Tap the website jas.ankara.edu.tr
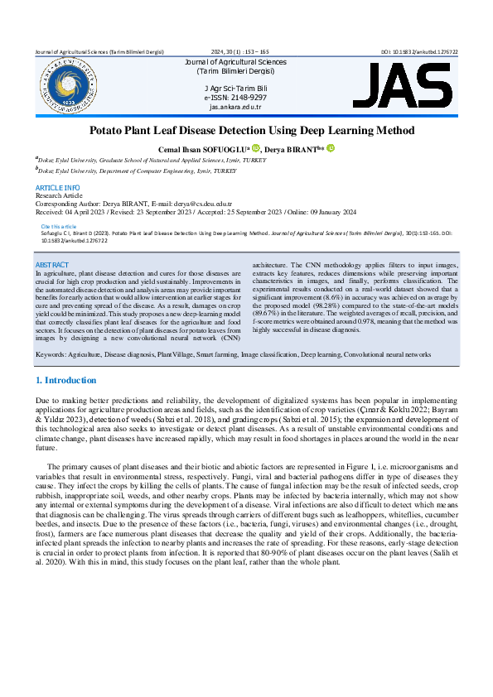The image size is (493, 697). point(235,108)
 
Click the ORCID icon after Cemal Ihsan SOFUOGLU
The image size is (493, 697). point(255,148)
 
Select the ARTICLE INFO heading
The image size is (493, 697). point(58,188)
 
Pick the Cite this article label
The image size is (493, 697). point(58,226)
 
